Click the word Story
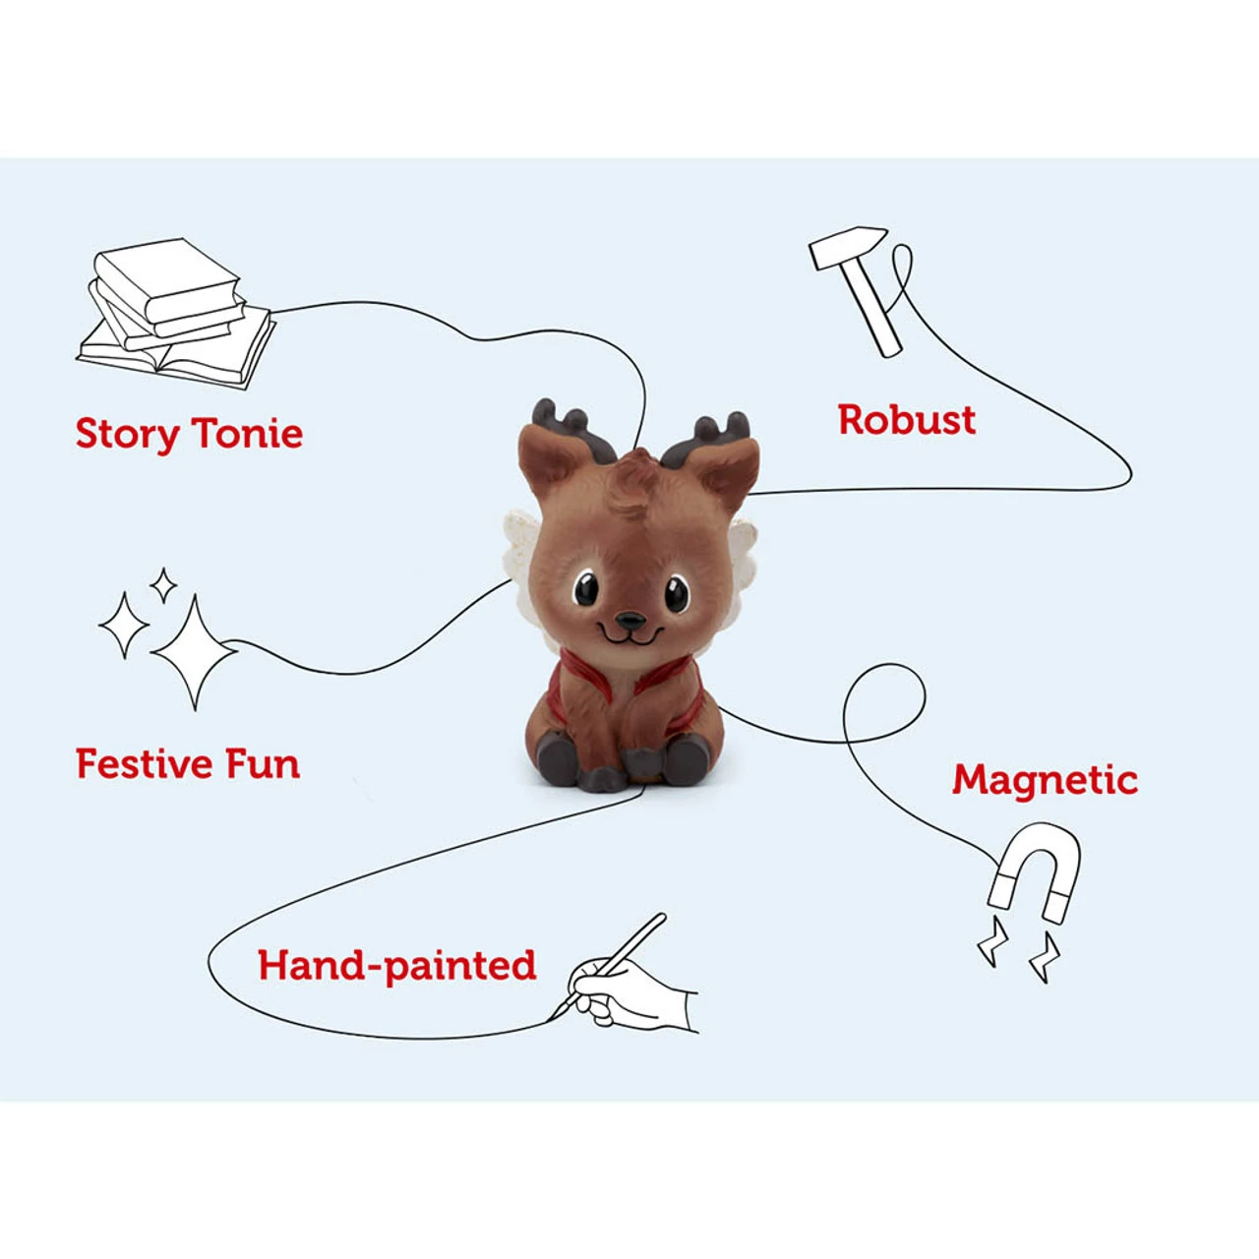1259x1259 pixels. point(127,435)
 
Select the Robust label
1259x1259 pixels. point(907,419)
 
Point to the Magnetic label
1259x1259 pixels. point(1045,780)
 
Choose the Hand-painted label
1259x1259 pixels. point(397,966)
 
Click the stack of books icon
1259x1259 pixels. point(176,313)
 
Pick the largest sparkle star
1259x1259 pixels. point(194,651)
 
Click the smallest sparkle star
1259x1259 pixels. point(163,584)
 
